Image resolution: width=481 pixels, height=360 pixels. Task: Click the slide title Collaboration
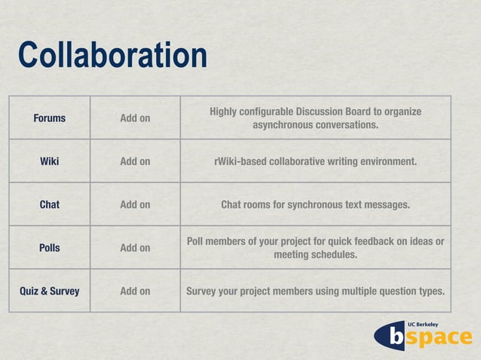[112, 56]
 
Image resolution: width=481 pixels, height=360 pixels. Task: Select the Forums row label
[49, 118]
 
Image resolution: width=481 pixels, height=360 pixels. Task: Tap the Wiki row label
[49, 161]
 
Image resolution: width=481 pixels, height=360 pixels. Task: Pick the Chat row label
[49, 204]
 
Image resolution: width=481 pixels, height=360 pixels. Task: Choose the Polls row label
[49, 248]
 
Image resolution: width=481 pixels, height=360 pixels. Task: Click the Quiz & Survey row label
[49, 291]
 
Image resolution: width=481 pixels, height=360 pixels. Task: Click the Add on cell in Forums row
[135, 118]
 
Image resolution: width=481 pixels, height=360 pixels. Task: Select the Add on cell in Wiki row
[135, 161]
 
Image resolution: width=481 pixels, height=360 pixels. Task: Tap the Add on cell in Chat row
[135, 204]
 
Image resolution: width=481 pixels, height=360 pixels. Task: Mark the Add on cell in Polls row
[135, 248]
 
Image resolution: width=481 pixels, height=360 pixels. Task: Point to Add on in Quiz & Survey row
[135, 291]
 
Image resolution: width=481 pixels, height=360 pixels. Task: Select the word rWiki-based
[240, 161]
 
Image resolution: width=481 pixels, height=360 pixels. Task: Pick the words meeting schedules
[315, 255]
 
